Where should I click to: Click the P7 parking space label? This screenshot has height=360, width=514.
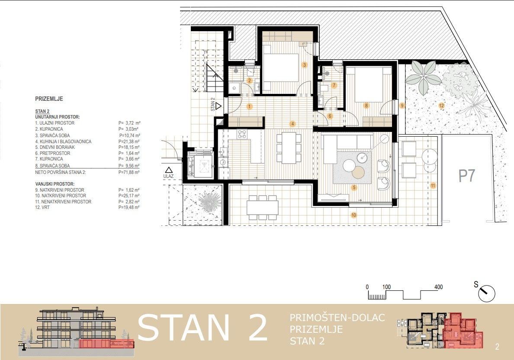coord(466,175)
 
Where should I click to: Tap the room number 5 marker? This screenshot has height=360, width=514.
coord(354,188)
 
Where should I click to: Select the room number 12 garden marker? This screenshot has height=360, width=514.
coord(442,106)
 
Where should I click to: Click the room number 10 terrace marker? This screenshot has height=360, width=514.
coord(354,215)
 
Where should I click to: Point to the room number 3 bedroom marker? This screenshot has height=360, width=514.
coord(305,65)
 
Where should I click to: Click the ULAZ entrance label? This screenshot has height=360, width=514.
coord(168,177)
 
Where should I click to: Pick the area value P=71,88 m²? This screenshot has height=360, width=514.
coord(129,172)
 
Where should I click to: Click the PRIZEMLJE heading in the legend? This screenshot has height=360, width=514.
coord(49,99)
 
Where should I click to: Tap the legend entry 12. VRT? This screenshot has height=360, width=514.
coord(42,208)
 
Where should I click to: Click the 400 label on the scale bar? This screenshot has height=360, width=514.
coord(438,287)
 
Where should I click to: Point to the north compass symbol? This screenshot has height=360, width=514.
coord(487,293)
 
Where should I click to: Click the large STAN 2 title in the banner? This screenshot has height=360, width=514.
coord(202,328)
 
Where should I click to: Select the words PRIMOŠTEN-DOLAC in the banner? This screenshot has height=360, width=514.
coord(337,318)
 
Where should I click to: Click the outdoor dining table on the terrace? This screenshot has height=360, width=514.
coord(263,208)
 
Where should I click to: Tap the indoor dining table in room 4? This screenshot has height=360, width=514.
coord(289,148)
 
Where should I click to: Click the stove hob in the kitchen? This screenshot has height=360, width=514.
coord(242,134)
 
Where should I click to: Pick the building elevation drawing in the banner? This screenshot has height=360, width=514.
coord(77,332)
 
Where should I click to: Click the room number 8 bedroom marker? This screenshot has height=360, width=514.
coord(366,106)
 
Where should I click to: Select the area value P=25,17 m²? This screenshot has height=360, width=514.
coord(129,196)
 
